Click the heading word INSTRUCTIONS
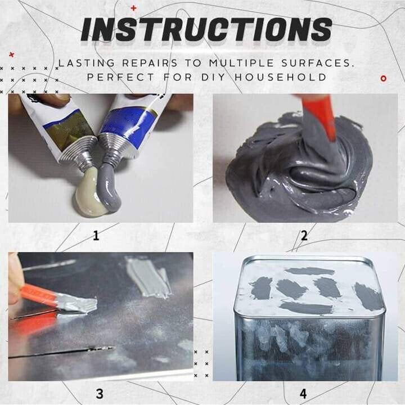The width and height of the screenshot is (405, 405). click(x=206, y=29)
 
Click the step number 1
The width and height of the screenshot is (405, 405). click(x=96, y=236)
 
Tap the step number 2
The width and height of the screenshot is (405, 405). click(x=304, y=236)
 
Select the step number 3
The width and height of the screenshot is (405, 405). click(x=100, y=393)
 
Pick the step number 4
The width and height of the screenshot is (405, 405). click(x=304, y=393)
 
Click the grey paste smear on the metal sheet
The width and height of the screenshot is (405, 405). click(x=148, y=276)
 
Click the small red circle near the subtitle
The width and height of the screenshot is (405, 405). click(x=383, y=78)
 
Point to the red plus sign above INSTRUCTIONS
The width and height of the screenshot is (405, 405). click(x=133, y=8)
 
